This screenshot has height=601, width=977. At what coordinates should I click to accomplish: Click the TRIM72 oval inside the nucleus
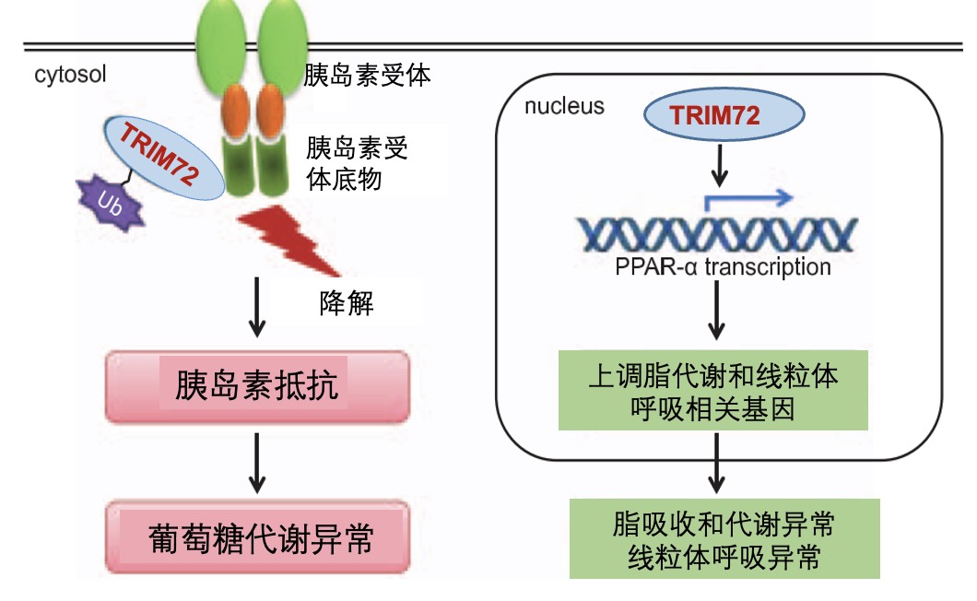tap(715, 116)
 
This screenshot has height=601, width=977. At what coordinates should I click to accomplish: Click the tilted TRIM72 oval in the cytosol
tap(161, 158)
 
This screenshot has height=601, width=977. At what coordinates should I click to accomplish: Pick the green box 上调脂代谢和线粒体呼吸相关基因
tap(713, 392)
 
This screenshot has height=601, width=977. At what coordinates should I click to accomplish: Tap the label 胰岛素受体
tap(367, 74)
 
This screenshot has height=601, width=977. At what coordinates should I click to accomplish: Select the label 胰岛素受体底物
tap(358, 163)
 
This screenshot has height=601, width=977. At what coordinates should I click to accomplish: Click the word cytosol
tap(71, 74)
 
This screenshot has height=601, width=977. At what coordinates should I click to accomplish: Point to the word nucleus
tap(564, 106)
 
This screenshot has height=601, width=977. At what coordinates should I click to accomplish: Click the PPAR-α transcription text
tap(722, 268)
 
